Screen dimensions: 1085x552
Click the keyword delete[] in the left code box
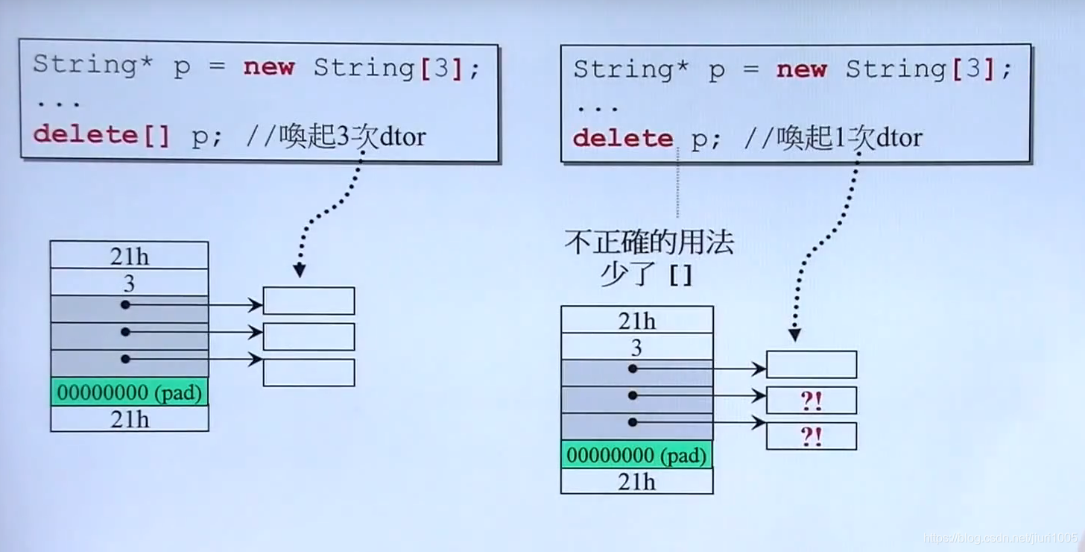click(101, 135)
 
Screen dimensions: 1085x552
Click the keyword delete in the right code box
click(622, 138)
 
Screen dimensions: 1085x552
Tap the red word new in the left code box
click(269, 67)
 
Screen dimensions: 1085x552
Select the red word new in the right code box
click(801, 70)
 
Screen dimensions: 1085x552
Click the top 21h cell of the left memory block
click(129, 256)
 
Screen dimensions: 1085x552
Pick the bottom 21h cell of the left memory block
click(129, 419)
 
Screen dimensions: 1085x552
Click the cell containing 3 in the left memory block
click(129, 283)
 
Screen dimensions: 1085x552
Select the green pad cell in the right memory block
click(636, 455)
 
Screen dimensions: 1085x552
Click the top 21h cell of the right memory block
click(636, 321)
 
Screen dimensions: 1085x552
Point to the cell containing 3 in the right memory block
click(636, 348)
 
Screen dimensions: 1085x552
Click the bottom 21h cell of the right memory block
click(636, 482)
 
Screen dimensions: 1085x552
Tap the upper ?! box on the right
click(812, 401)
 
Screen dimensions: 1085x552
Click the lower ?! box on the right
click(812, 436)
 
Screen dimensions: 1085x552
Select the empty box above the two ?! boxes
click(812, 365)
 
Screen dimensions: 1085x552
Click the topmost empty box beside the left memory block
click(309, 301)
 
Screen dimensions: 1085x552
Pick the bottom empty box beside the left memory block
click(309, 373)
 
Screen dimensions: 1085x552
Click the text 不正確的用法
click(649, 243)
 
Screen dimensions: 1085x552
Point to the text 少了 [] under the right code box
click(647, 275)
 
